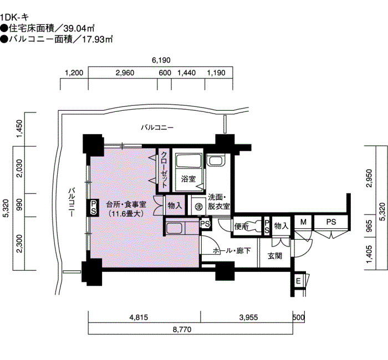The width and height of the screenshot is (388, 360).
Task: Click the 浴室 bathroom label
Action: [188, 179]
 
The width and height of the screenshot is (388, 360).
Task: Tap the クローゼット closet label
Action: [164, 169]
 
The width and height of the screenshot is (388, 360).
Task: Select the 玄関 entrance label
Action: [275, 256]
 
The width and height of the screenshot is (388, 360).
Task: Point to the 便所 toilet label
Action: [241, 226]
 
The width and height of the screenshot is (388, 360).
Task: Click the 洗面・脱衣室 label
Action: [219, 202]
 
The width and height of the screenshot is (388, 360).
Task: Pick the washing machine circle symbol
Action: [198, 207]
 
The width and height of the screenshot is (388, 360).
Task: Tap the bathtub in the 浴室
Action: [188, 161]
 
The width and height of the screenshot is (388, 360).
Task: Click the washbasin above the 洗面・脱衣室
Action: [216, 160]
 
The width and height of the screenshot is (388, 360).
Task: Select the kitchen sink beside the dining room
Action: [175, 228]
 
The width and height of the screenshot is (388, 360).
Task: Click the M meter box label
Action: [303, 222]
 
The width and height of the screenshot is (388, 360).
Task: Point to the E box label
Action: [298, 281]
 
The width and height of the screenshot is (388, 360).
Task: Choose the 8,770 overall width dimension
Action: [182, 330]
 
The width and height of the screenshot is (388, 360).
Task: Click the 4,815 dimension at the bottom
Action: [139, 317]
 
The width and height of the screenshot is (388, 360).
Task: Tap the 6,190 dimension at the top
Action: [161, 60]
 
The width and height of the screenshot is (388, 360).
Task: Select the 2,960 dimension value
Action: [125, 73]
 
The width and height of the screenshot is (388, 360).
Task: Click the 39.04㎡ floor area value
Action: [79, 28]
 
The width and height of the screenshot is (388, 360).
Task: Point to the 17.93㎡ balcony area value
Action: [98, 39]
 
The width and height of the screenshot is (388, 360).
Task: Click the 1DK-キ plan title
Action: [14, 17]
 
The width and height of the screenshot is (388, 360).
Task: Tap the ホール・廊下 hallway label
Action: [232, 251]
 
